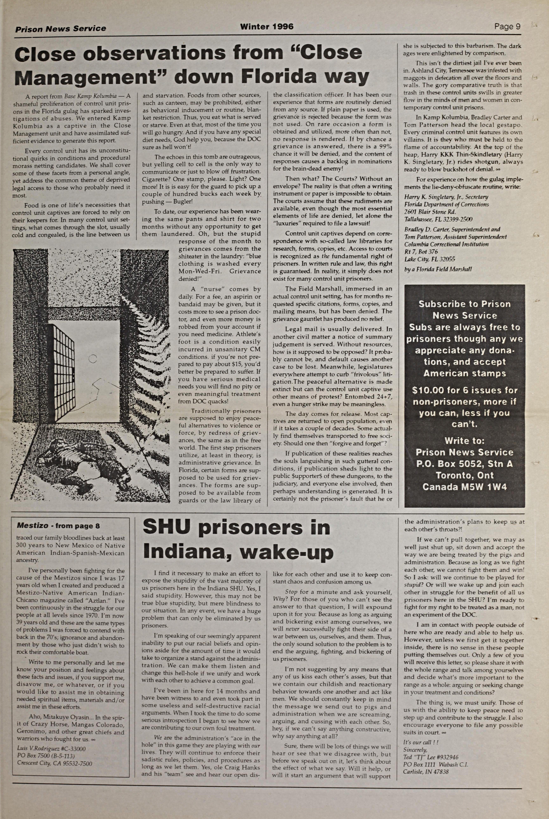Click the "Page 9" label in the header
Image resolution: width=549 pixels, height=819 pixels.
coord(507,27)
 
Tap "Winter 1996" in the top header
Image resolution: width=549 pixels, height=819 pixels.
coord(267,27)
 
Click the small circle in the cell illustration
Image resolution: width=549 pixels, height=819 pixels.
coord(93,358)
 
